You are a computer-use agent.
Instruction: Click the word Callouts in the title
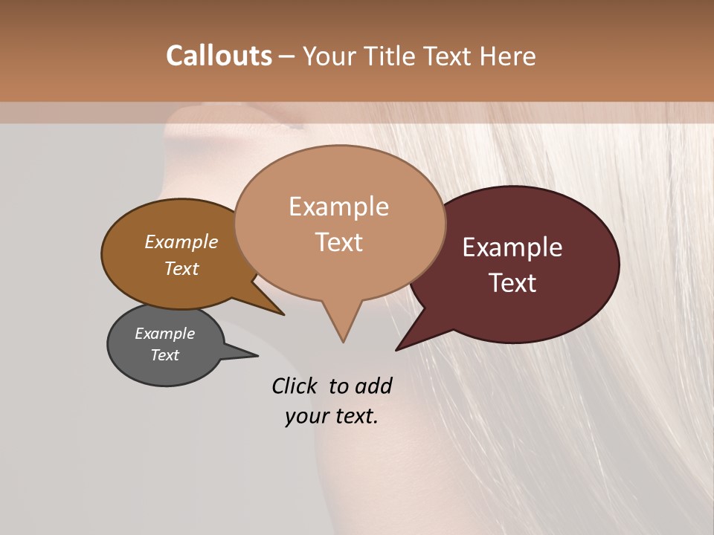click(x=219, y=56)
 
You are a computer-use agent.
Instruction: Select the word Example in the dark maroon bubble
click(x=512, y=247)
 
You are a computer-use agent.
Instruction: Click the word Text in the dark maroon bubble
click(x=512, y=283)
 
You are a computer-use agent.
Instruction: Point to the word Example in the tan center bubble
click(x=338, y=207)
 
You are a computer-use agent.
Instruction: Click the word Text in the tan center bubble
click(x=338, y=242)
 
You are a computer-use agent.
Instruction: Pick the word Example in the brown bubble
click(x=181, y=241)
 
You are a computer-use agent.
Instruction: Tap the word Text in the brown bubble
click(x=181, y=268)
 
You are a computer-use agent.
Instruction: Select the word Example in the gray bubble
click(x=165, y=334)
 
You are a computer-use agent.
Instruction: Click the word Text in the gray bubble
click(x=165, y=355)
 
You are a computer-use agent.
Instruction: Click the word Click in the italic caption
click(x=296, y=386)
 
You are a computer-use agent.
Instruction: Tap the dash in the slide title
click(x=287, y=56)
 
